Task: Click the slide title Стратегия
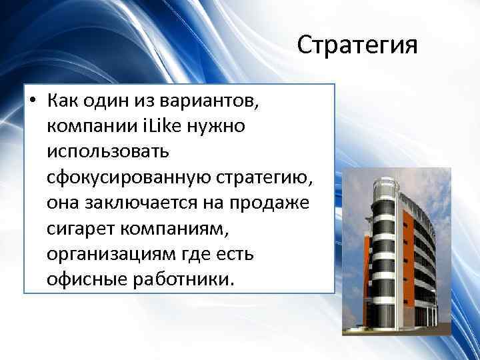357,46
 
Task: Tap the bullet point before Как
32,103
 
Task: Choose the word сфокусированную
129,177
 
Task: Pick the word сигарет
79,228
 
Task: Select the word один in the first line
110,103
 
